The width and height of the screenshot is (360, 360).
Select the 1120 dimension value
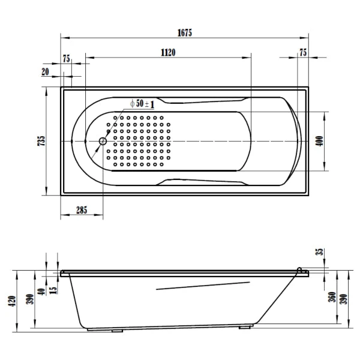tap(167, 53)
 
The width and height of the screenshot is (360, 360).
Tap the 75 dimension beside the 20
tap(67, 58)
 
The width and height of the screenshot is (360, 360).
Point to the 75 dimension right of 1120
tap(303, 53)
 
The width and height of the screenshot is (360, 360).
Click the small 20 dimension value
tap(45, 71)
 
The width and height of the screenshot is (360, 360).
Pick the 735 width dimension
tap(41, 140)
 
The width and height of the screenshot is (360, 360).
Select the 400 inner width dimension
tap(319, 141)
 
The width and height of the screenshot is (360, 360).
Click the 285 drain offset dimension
tap(81, 210)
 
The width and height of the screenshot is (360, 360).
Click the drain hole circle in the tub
tap(102, 142)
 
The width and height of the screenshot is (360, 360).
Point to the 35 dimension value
tap(319, 253)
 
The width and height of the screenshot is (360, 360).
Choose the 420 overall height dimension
tap(11, 299)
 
